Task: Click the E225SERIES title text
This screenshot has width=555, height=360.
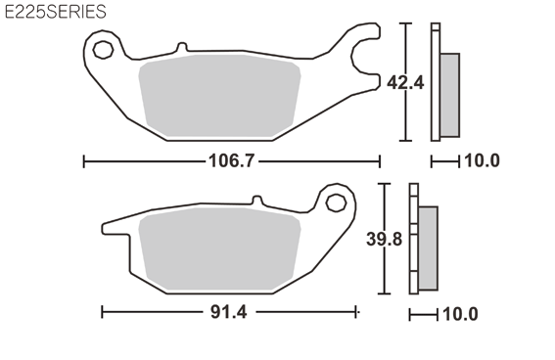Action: click(55, 12)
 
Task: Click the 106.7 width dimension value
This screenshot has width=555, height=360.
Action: click(231, 161)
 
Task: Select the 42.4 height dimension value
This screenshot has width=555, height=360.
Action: click(405, 83)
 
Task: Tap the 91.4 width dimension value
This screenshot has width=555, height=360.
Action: click(229, 312)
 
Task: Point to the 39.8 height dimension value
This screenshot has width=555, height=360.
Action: click(385, 239)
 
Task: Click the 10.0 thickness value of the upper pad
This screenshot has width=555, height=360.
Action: click(482, 160)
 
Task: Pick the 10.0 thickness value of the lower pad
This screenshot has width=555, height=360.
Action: click(460, 314)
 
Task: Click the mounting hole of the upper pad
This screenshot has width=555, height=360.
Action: click(103, 50)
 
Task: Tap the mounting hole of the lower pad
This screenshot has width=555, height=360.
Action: click(336, 202)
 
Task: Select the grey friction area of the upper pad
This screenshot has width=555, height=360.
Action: click(220, 96)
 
